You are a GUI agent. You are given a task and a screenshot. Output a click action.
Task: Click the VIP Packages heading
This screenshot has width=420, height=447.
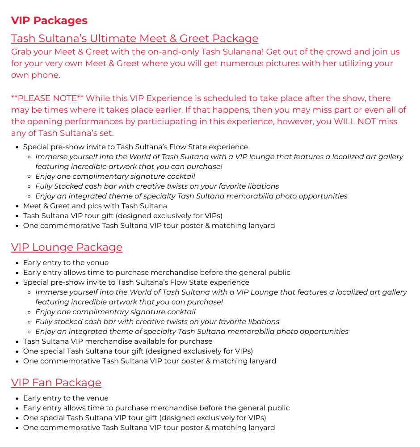coord(49,21)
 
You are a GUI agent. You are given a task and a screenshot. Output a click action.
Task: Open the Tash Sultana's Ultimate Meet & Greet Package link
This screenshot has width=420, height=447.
coord(134,38)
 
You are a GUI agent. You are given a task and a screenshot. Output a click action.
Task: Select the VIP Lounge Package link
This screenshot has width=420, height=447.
coord(67,247)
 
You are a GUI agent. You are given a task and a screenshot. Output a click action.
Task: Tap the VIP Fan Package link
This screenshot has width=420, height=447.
coord(56,383)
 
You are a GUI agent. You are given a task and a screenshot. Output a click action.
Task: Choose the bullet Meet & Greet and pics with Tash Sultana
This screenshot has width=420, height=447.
coord(95,206)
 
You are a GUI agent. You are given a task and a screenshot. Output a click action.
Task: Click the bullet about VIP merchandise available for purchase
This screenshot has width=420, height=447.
coord(118,342)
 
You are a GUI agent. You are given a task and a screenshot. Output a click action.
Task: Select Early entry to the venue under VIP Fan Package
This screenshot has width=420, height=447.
coord(66,398)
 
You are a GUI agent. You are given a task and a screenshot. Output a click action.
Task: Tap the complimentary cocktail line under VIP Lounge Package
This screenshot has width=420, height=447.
coord(115,312)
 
